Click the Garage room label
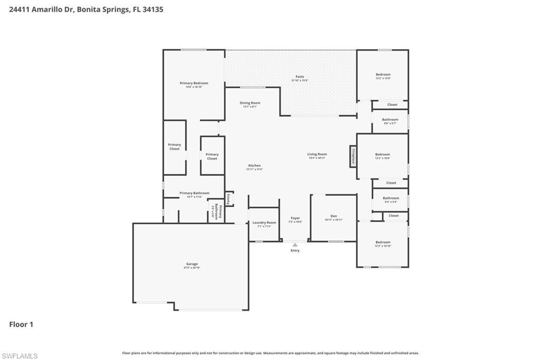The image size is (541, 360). (x=192, y=264)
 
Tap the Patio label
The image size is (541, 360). (x=300, y=77)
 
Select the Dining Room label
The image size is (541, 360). (x=250, y=103)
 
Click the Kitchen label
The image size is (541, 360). (x=254, y=166)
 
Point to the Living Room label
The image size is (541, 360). (x=317, y=155)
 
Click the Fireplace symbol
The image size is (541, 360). (x=353, y=156)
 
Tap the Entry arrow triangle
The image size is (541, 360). (x=295, y=244)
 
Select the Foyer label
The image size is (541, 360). (x=295, y=218)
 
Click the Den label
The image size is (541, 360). (x=333, y=216)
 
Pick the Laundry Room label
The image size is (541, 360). (x=264, y=223)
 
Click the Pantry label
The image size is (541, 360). (x=229, y=198)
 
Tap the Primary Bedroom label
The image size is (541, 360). (x=194, y=83)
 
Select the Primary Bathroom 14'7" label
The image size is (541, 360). (x=194, y=193)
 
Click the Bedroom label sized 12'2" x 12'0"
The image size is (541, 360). (x=383, y=75)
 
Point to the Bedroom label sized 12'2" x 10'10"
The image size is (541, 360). (x=383, y=242)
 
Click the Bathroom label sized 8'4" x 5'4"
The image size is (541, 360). (x=391, y=198)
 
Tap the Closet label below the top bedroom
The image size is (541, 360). (x=392, y=105)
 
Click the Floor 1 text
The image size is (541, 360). (x=21, y=325)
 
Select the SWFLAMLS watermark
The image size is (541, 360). (x=20, y=356)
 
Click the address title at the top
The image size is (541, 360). (x=86, y=9)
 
